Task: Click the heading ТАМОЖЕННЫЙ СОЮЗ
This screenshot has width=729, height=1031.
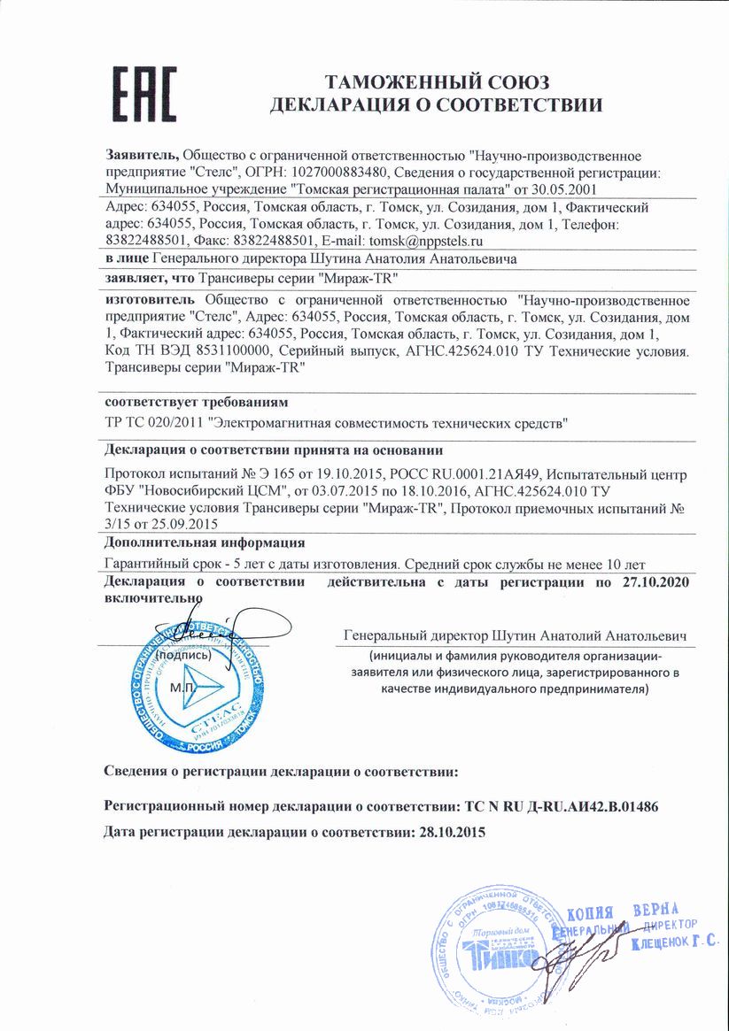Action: point(438,83)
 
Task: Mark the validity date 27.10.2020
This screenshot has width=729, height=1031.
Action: point(654,582)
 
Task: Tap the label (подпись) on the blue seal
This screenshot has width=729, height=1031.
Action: point(182,656)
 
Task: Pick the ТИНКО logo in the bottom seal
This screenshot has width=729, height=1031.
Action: point(503,958)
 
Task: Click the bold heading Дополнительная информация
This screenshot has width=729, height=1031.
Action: point(205,542)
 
